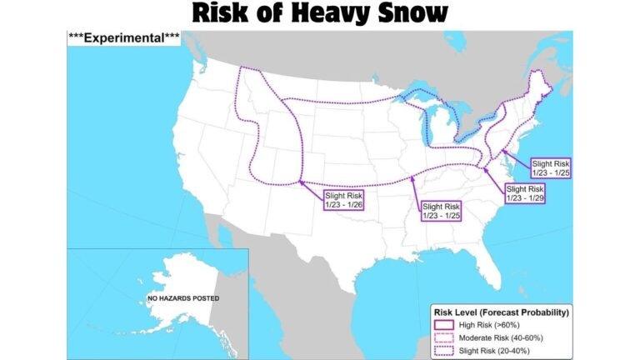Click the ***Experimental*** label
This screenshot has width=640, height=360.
(x=123, y=38)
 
